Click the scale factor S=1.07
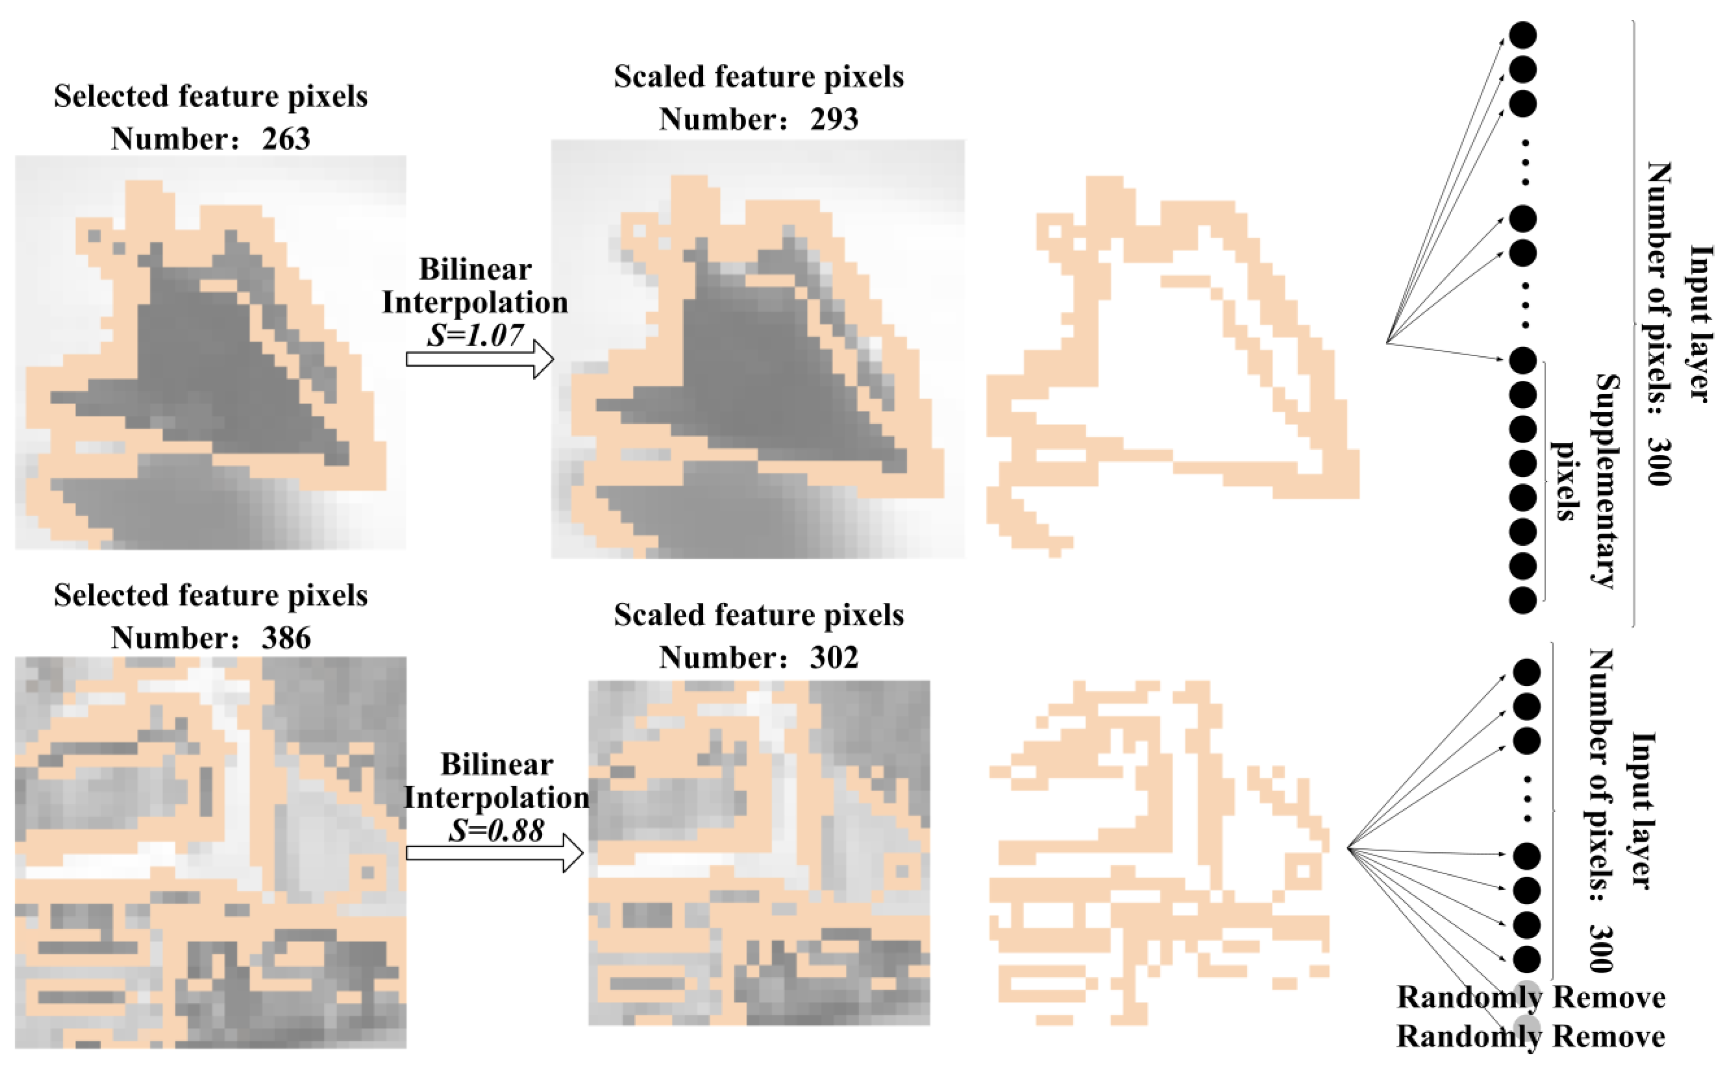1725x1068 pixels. click(475, 335)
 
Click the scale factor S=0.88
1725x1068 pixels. click(496, 830)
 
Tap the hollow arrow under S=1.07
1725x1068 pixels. click(480, 359)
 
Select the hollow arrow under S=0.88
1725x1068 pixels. click(494, 853)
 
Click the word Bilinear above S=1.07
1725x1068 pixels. click(475, 269)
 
